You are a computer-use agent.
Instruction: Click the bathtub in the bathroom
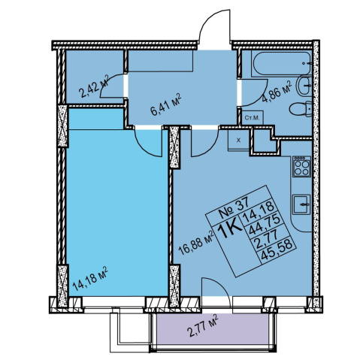pos(282,63)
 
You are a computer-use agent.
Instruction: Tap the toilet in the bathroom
pos(300,109)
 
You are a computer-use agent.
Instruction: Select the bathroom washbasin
pos(304,86)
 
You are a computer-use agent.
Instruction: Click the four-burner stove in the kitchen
pos(302,166)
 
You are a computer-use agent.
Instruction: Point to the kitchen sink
pos(302,204)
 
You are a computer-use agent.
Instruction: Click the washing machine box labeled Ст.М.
pos(253,118)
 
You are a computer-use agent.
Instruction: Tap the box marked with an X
pos(238,141)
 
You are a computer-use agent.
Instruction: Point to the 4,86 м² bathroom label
pos(277,92)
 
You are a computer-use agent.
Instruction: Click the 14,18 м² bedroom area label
pos(90,277)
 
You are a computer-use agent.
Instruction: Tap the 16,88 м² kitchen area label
pos(197,243)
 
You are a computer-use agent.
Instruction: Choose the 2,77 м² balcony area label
pos(202,326)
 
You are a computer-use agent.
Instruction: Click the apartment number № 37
pos(233,207)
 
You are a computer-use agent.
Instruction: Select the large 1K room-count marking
pos(230,230)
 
